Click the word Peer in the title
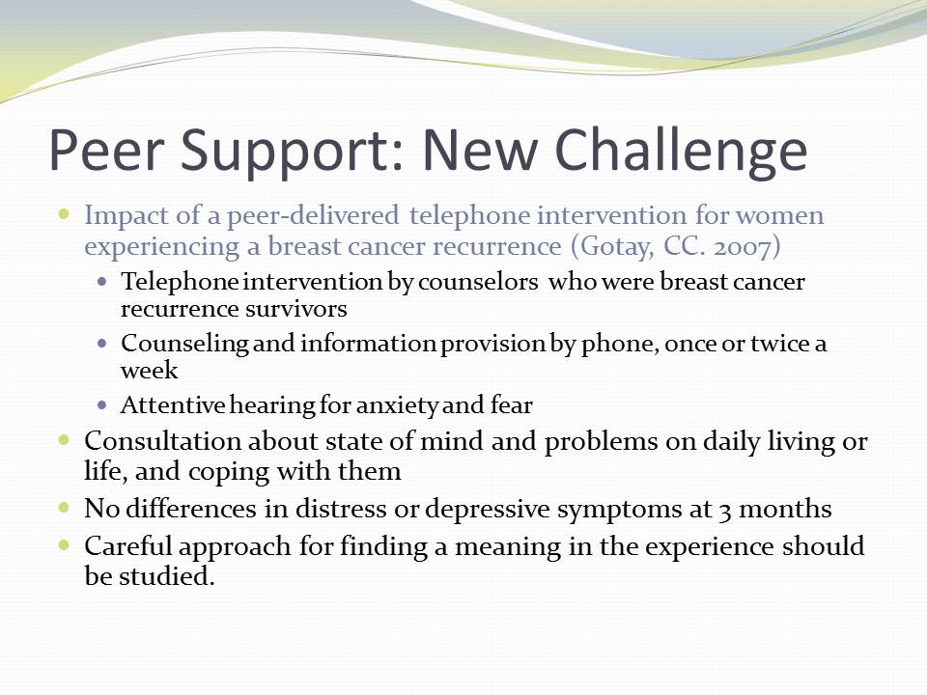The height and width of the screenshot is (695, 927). click(x=105, y=150)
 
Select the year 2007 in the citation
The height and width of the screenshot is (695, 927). click(x=742, y=246)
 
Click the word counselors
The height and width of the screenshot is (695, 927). click(x=478, y=282)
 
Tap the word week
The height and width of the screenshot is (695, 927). click(x=149, y=371)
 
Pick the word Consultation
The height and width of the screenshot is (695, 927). click(x=162, y=441)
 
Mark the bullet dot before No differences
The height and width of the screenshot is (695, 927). click(x=65, y=507)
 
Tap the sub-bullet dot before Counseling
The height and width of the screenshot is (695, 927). click(x=103, y=344)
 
